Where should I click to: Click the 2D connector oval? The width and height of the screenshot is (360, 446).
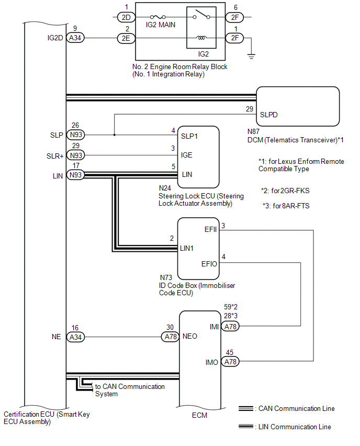126,17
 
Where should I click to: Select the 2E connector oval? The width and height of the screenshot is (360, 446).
126,38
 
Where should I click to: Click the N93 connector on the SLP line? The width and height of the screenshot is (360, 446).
76,135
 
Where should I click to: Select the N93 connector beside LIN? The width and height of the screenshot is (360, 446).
76,175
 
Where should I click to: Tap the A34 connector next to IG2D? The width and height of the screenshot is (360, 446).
76,38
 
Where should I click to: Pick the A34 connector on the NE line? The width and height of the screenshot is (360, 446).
76,337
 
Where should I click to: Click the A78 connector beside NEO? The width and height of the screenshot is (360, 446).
171,337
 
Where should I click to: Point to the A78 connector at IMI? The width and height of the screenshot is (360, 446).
231,326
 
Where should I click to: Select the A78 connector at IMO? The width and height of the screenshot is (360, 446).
231,361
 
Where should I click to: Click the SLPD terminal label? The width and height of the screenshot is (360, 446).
268,115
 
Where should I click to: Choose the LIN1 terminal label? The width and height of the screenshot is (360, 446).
188,248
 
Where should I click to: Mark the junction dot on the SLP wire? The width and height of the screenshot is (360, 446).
114,135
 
